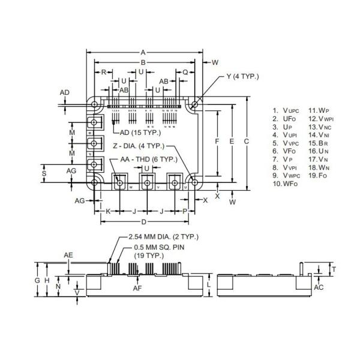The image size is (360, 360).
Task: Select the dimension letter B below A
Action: click(143, 62)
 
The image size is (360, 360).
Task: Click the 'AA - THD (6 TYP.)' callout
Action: click(148, 159)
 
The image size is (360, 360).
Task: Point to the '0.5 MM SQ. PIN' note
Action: click(157, 247)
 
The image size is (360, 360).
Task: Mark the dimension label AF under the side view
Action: click(137, 289)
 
